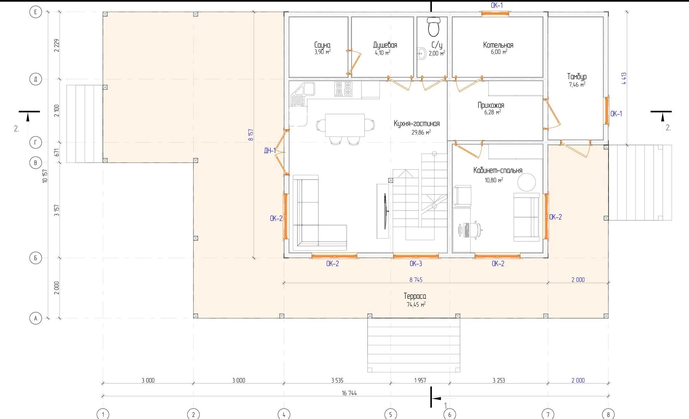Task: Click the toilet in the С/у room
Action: (x=433, y=26)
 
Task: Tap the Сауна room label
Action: (x=322, y=45)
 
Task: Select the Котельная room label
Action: (x=498, y=45)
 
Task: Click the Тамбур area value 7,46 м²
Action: (x=577, y=84)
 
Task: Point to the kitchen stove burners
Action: (x=343, y=89)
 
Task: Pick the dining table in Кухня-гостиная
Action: (x=345, y=125)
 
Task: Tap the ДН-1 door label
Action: (x=270, y=151)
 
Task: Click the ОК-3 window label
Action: (x=416, y=263)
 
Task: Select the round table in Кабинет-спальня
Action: (x=526, y=182)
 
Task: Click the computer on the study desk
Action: (x=464, y=230)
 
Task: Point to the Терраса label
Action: (x=415, y=296)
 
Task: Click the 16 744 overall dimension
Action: (x=349, y=393)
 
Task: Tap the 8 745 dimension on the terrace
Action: (x=416, y=279)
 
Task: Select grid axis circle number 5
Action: (x=390, y=414)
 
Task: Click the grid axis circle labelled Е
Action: (x=36, y=12)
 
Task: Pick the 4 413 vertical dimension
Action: (x=624, y=78)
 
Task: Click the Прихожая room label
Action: (x=491, y=105)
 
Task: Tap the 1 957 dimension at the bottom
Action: (x=420, y=380)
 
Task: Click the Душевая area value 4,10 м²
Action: (x=383, y=52)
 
